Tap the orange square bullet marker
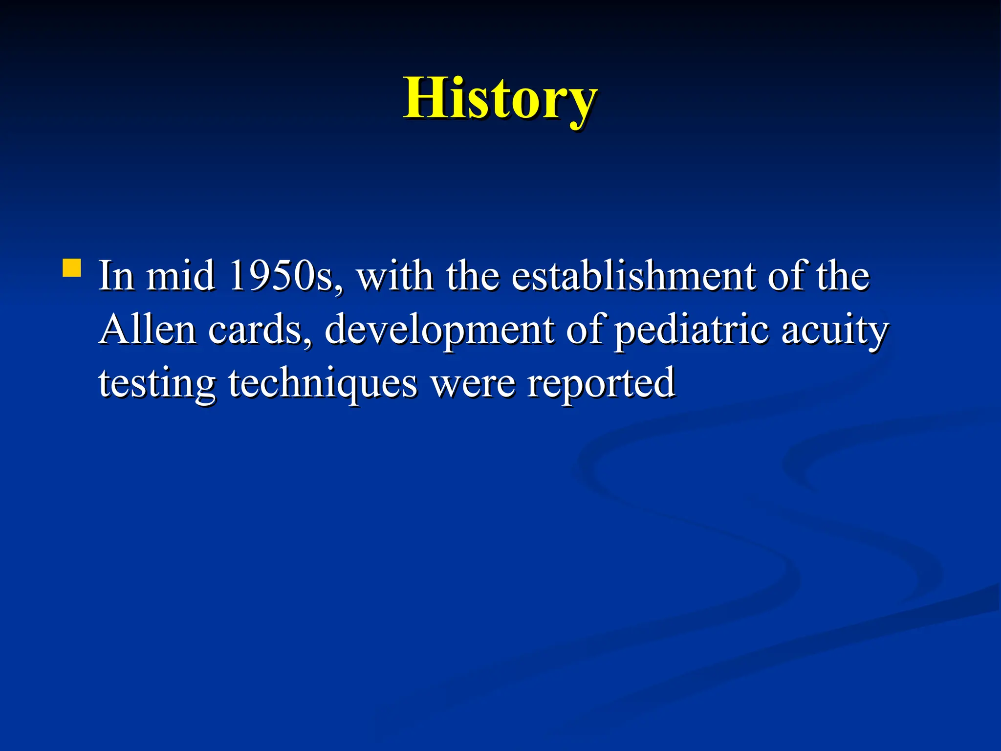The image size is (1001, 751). click(x=72, y=268)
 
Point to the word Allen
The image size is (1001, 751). click(x=148, y=330)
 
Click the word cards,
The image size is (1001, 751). click(x=260, y=330)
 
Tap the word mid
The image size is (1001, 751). click(x=180, y=276)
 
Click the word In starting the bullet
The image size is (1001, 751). click(x=116, y=276)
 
